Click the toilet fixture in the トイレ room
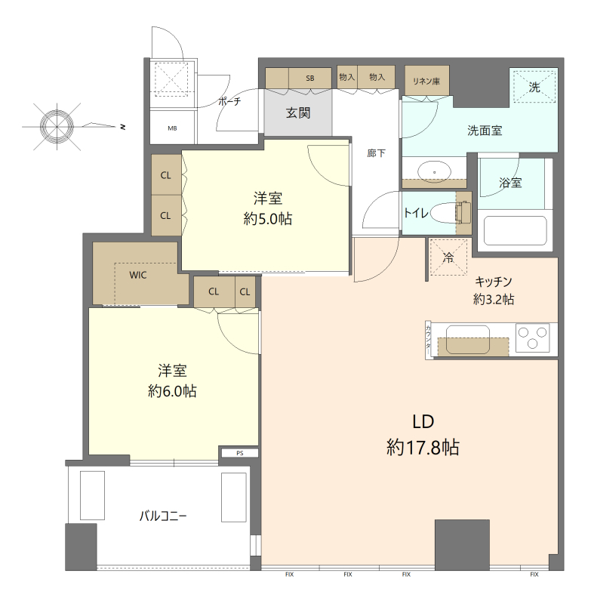[x=451, y=212]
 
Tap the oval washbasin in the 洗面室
[x=434, y=171]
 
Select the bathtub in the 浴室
[x=516, y=230]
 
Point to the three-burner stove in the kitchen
[x=533, y=337]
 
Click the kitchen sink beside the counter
[x=468, y=340]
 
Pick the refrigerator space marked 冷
[x=448, y=257]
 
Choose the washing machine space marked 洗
[x=534, y=87]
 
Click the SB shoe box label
[x=310, y=79]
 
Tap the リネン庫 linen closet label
[x=426, y=82]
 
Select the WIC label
[x=138, y=275]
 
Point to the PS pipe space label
[x=240, y=454]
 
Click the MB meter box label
[x=172, y=128]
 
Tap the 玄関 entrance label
[x=298, y=112]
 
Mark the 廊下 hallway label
[x=376, y=153]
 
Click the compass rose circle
[x=57, y=126]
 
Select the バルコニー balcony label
[x=163, y=516]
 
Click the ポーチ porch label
[x=229, y=101]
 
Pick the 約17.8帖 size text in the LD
[x=423, y=448]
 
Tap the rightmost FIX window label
[x=534, y=575]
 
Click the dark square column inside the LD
[x=462, y=544]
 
